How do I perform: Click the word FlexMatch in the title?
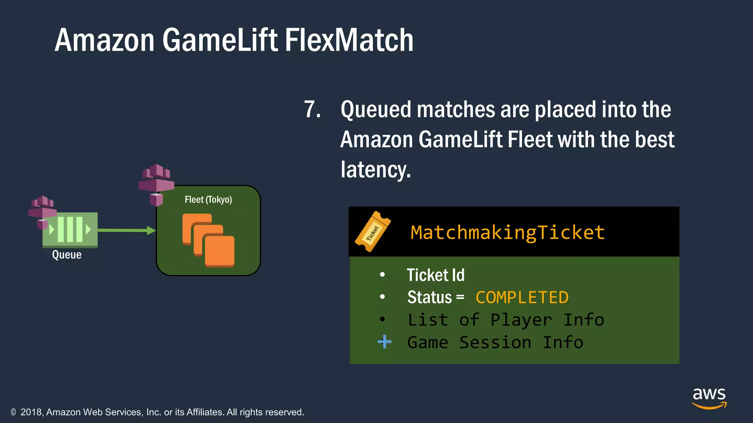pyautogui.click(x=349, y=40)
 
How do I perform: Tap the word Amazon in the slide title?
pyautogui.click(x=104, y=40)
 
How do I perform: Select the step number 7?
pyautogui.click(x=312, y=109)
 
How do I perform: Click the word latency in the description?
pyautogui.click(x=375, y=170)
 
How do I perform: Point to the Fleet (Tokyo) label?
pyautogui.click(x=208, y=200)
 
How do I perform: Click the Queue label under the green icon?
pyautogui.click(x=67, y=255)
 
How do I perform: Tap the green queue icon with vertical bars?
pyautogui.click(x=70, y=229)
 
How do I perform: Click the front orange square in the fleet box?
pyautogui.click(x=220, y=251)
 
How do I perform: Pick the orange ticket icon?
pyautogui.click(x=372, y=232)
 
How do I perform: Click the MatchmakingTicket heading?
pyautogui.click(x=507, y=232)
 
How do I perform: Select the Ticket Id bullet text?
pyautogui.click(x=435, y=275)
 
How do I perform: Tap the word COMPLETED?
pyautogui.click(x=522, y=297)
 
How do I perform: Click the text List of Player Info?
pyautogui.click(x=506, y=320)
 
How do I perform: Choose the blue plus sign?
pyautogui.click(x=384, y=342)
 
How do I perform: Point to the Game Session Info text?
pyautogui.click(x=495, y=343)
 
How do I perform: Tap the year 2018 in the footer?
pyautogui.click(x=32, y=412)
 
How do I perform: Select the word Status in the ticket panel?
pyautogui.click(x=429, y=297)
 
